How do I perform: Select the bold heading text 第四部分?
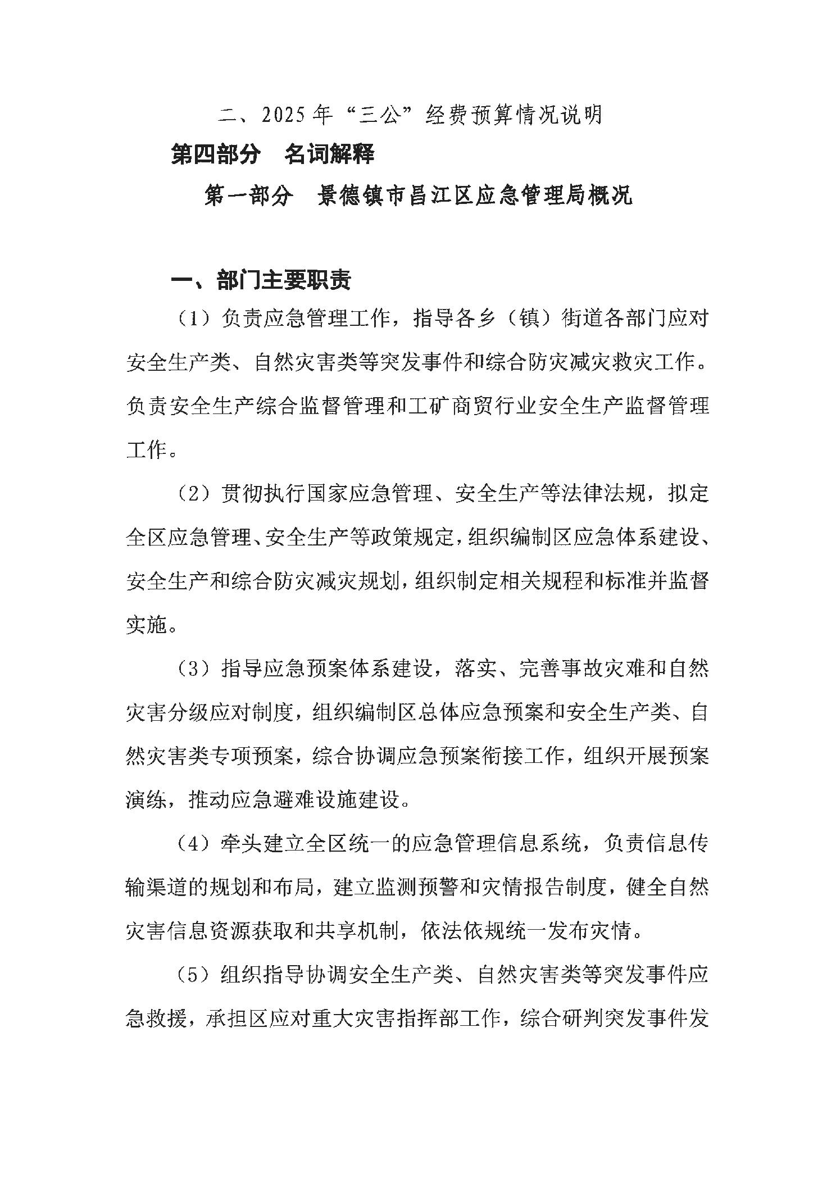216,154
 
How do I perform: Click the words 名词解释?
329,154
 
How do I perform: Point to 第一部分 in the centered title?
249,196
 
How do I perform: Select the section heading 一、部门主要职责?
261,280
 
